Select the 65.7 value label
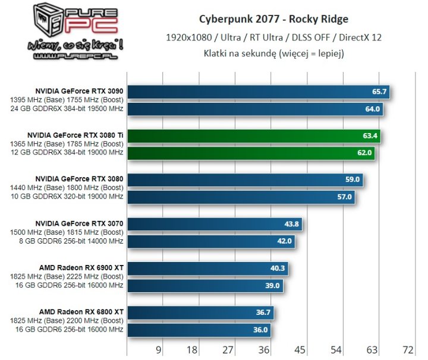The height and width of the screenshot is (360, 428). [x=379, y=91]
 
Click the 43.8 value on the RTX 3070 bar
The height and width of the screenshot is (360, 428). [x=293, y=225]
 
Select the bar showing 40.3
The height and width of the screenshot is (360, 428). [x=208, y=269]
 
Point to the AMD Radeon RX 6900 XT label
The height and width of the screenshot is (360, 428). [x=81, y=267]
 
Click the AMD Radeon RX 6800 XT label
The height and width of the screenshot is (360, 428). [x=81, y=311]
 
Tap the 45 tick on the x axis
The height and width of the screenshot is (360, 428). [x=300, y=349]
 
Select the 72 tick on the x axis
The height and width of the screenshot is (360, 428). [x=408, y=349]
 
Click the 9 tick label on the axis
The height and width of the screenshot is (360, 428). [x=158, y=349]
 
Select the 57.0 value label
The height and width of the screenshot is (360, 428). [x=345, y=197]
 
